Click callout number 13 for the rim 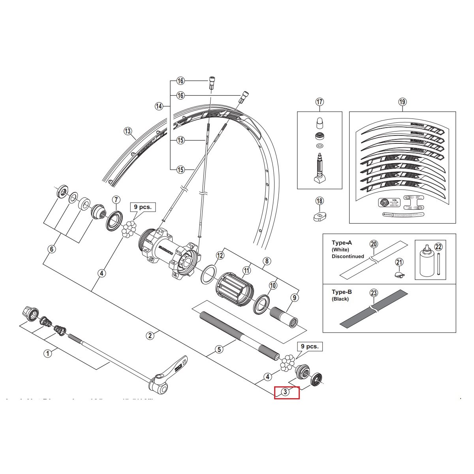click(127, 132)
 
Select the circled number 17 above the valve click(320, 102)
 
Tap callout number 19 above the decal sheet click(402, 102)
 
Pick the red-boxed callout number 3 click(285, 392)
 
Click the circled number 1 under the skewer click(47, 353)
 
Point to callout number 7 click(116, 199)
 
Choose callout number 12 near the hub click(220, 256)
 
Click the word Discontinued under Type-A click(348, 256)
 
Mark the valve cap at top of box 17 click(320, 124)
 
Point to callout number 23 click(374, 293)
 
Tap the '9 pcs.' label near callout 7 click(141, 207)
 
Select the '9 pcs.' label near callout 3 click(310, 346)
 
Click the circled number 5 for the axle click(220, 349)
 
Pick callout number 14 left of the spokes click(159, 106)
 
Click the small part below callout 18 click(320, 216)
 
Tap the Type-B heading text click(342, 292)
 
